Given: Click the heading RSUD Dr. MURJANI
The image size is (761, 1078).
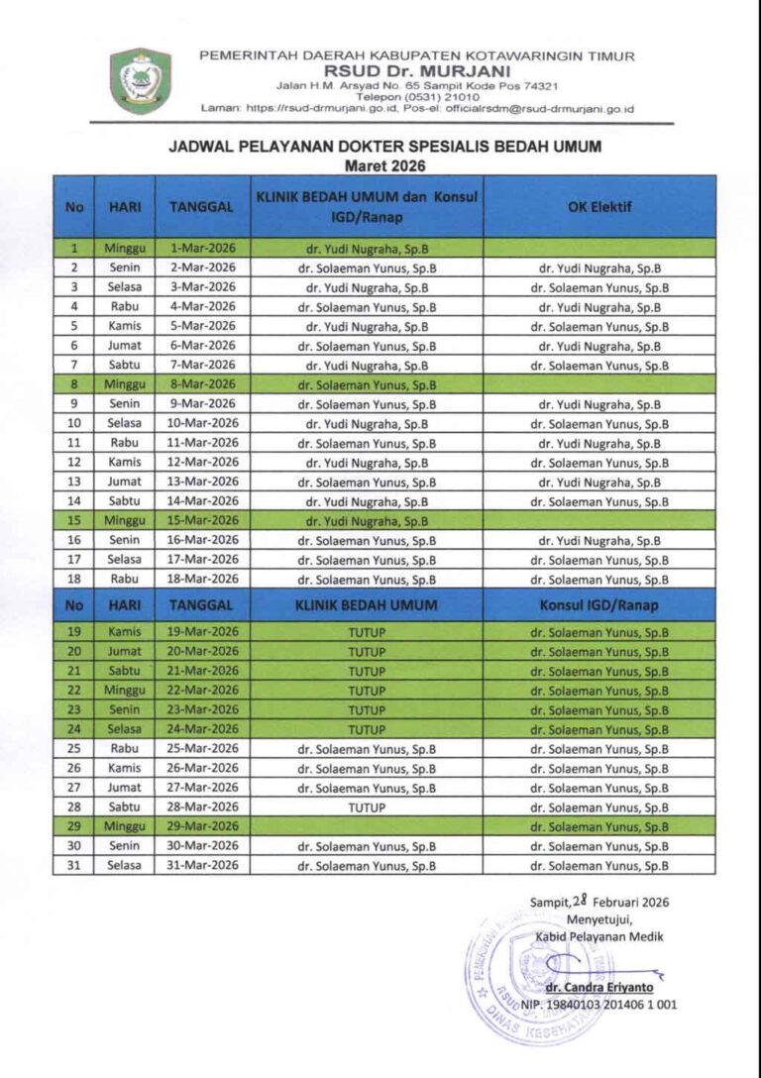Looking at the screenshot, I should (417, 70).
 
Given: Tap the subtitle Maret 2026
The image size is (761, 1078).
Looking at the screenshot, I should (384, 164).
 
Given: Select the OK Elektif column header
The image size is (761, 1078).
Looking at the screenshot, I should (599, 207).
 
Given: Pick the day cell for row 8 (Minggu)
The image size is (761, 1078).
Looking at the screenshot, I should (124, 384).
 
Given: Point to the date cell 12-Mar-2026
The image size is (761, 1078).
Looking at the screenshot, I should (202, 463).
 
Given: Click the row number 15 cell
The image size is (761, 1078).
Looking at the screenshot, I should (73, 520).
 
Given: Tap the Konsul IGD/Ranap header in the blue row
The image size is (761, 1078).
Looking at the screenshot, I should (599, 605).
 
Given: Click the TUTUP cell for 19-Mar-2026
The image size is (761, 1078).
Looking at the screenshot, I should (367, 632).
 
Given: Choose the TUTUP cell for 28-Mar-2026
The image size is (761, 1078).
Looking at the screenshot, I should (367, 808).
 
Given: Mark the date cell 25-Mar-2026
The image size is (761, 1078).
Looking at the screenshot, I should (202, 749).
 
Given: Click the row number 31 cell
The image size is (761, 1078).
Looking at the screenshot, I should (73, 866).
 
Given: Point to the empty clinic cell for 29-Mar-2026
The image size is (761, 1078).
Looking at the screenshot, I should (367, 826).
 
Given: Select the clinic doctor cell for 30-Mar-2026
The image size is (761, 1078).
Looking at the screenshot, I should (367, 846).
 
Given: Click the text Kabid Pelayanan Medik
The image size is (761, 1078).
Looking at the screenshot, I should (599, 936).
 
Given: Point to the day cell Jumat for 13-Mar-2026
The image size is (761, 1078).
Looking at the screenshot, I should (124, 482).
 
